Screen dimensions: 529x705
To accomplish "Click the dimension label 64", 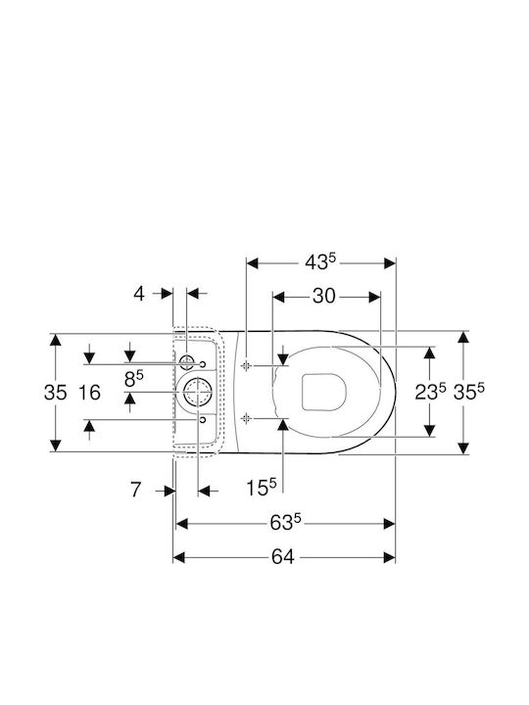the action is coord(282,557).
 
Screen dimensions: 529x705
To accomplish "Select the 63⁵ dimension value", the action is coord(285,523).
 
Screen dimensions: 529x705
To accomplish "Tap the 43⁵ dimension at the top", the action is coord(320,262).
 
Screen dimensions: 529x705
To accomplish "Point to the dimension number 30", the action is coord(324,297).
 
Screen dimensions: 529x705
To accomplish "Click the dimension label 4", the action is coord(139,294).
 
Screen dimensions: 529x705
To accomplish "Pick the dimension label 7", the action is coord(136,490).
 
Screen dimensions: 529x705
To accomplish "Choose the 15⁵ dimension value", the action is coord(262,488).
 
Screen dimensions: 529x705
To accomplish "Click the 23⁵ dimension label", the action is coord(430,392).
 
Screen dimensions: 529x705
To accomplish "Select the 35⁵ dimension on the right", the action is coord(468,392).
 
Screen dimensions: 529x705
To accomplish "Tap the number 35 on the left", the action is coord(55,393).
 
